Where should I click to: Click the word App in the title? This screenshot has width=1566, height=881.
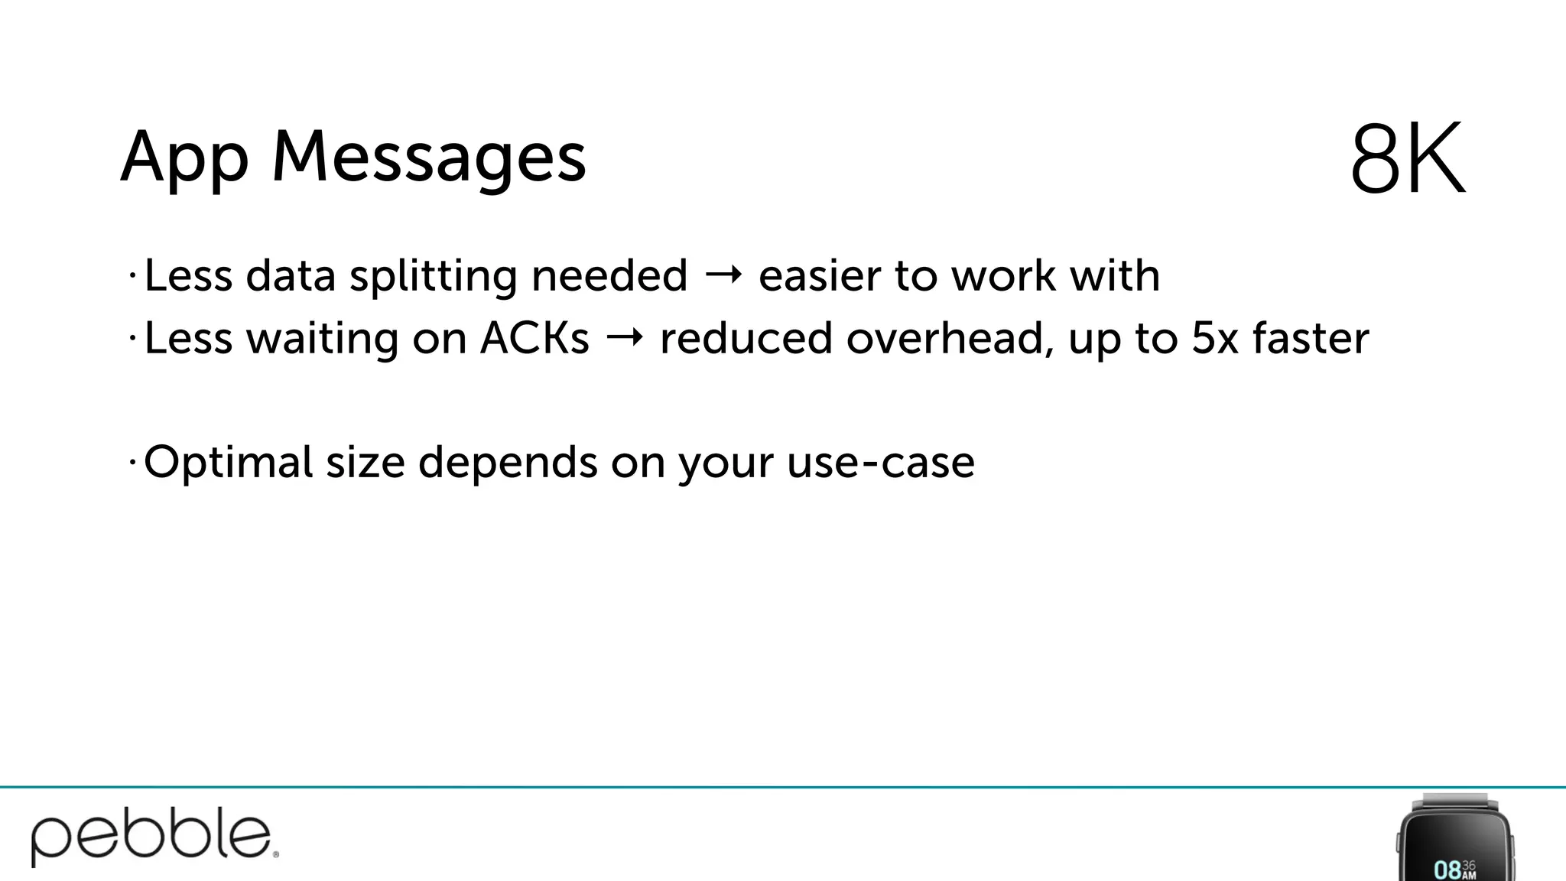[x=184, y=158]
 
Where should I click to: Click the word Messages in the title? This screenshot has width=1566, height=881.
[x=429, y=158]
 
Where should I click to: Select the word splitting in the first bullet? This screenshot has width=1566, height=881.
[x=433, y=276]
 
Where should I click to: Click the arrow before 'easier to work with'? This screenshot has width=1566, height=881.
[x=723, y=275]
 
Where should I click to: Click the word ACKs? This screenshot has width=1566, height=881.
[x=534, y=338]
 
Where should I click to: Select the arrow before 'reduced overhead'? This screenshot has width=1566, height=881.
[x=624, y=338]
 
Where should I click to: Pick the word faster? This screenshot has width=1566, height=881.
[x=1311, y=338]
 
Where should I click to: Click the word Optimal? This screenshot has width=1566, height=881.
[x=228, y=463]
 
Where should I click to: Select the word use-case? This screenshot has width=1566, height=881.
[x=880, y=463]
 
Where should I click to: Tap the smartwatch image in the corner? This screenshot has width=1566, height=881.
[x=1454, y=838]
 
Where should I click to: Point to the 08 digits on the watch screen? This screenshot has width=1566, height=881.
[x=1447, y=870]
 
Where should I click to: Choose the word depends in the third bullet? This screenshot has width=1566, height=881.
[x=507, y=463]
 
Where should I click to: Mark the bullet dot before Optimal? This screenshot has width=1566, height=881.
[x=132, y=461]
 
